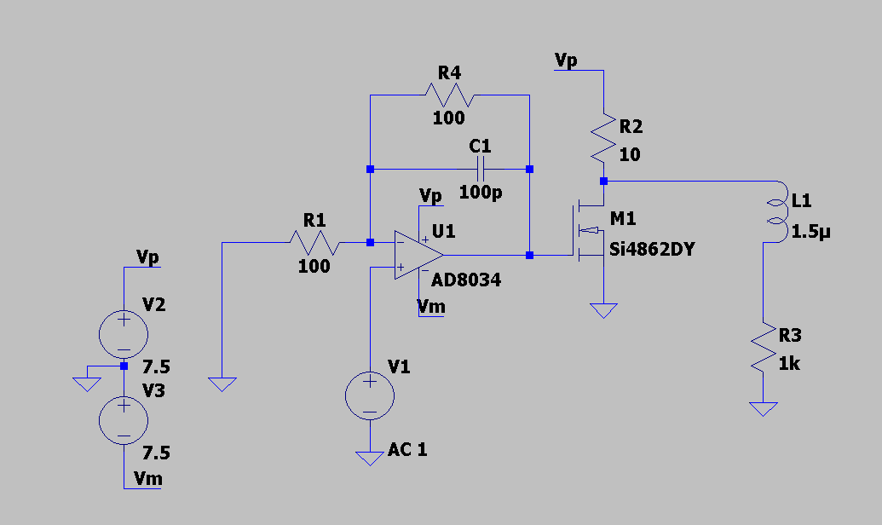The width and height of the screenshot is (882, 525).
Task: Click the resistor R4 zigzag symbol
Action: (x=449, y=95)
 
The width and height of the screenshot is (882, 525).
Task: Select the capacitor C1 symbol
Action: (x=481, y=169)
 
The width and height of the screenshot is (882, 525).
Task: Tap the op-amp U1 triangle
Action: (x=418, y=255)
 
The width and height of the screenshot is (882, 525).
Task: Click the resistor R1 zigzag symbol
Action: (x=314, y=243)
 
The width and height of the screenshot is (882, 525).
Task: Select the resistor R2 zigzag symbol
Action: (x=603, y=138)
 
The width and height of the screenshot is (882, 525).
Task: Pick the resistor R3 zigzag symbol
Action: (x=764, y=347)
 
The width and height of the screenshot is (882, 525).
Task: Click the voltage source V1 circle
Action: (x=370, y=395)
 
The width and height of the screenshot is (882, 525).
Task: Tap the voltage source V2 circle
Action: (x=124, y=334)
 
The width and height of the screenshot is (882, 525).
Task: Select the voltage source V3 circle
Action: (x=124, y=420)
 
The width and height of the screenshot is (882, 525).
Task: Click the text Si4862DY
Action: (x=652, y=249)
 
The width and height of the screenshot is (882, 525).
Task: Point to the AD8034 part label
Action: (x=466, y=280)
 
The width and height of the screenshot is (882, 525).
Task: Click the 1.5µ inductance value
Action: (x=810, y=232)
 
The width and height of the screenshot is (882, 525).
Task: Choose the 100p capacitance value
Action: (x=481, y=193)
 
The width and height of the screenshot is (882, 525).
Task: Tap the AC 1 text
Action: (x=407, y=450)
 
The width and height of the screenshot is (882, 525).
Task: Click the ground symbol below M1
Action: (x=603, y=310)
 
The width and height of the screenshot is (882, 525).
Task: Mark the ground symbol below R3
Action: (x=764, y=409)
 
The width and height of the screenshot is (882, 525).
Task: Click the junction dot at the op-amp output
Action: (x=529, y=255)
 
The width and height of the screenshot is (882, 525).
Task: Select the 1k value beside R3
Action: (x=789, y=364)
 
